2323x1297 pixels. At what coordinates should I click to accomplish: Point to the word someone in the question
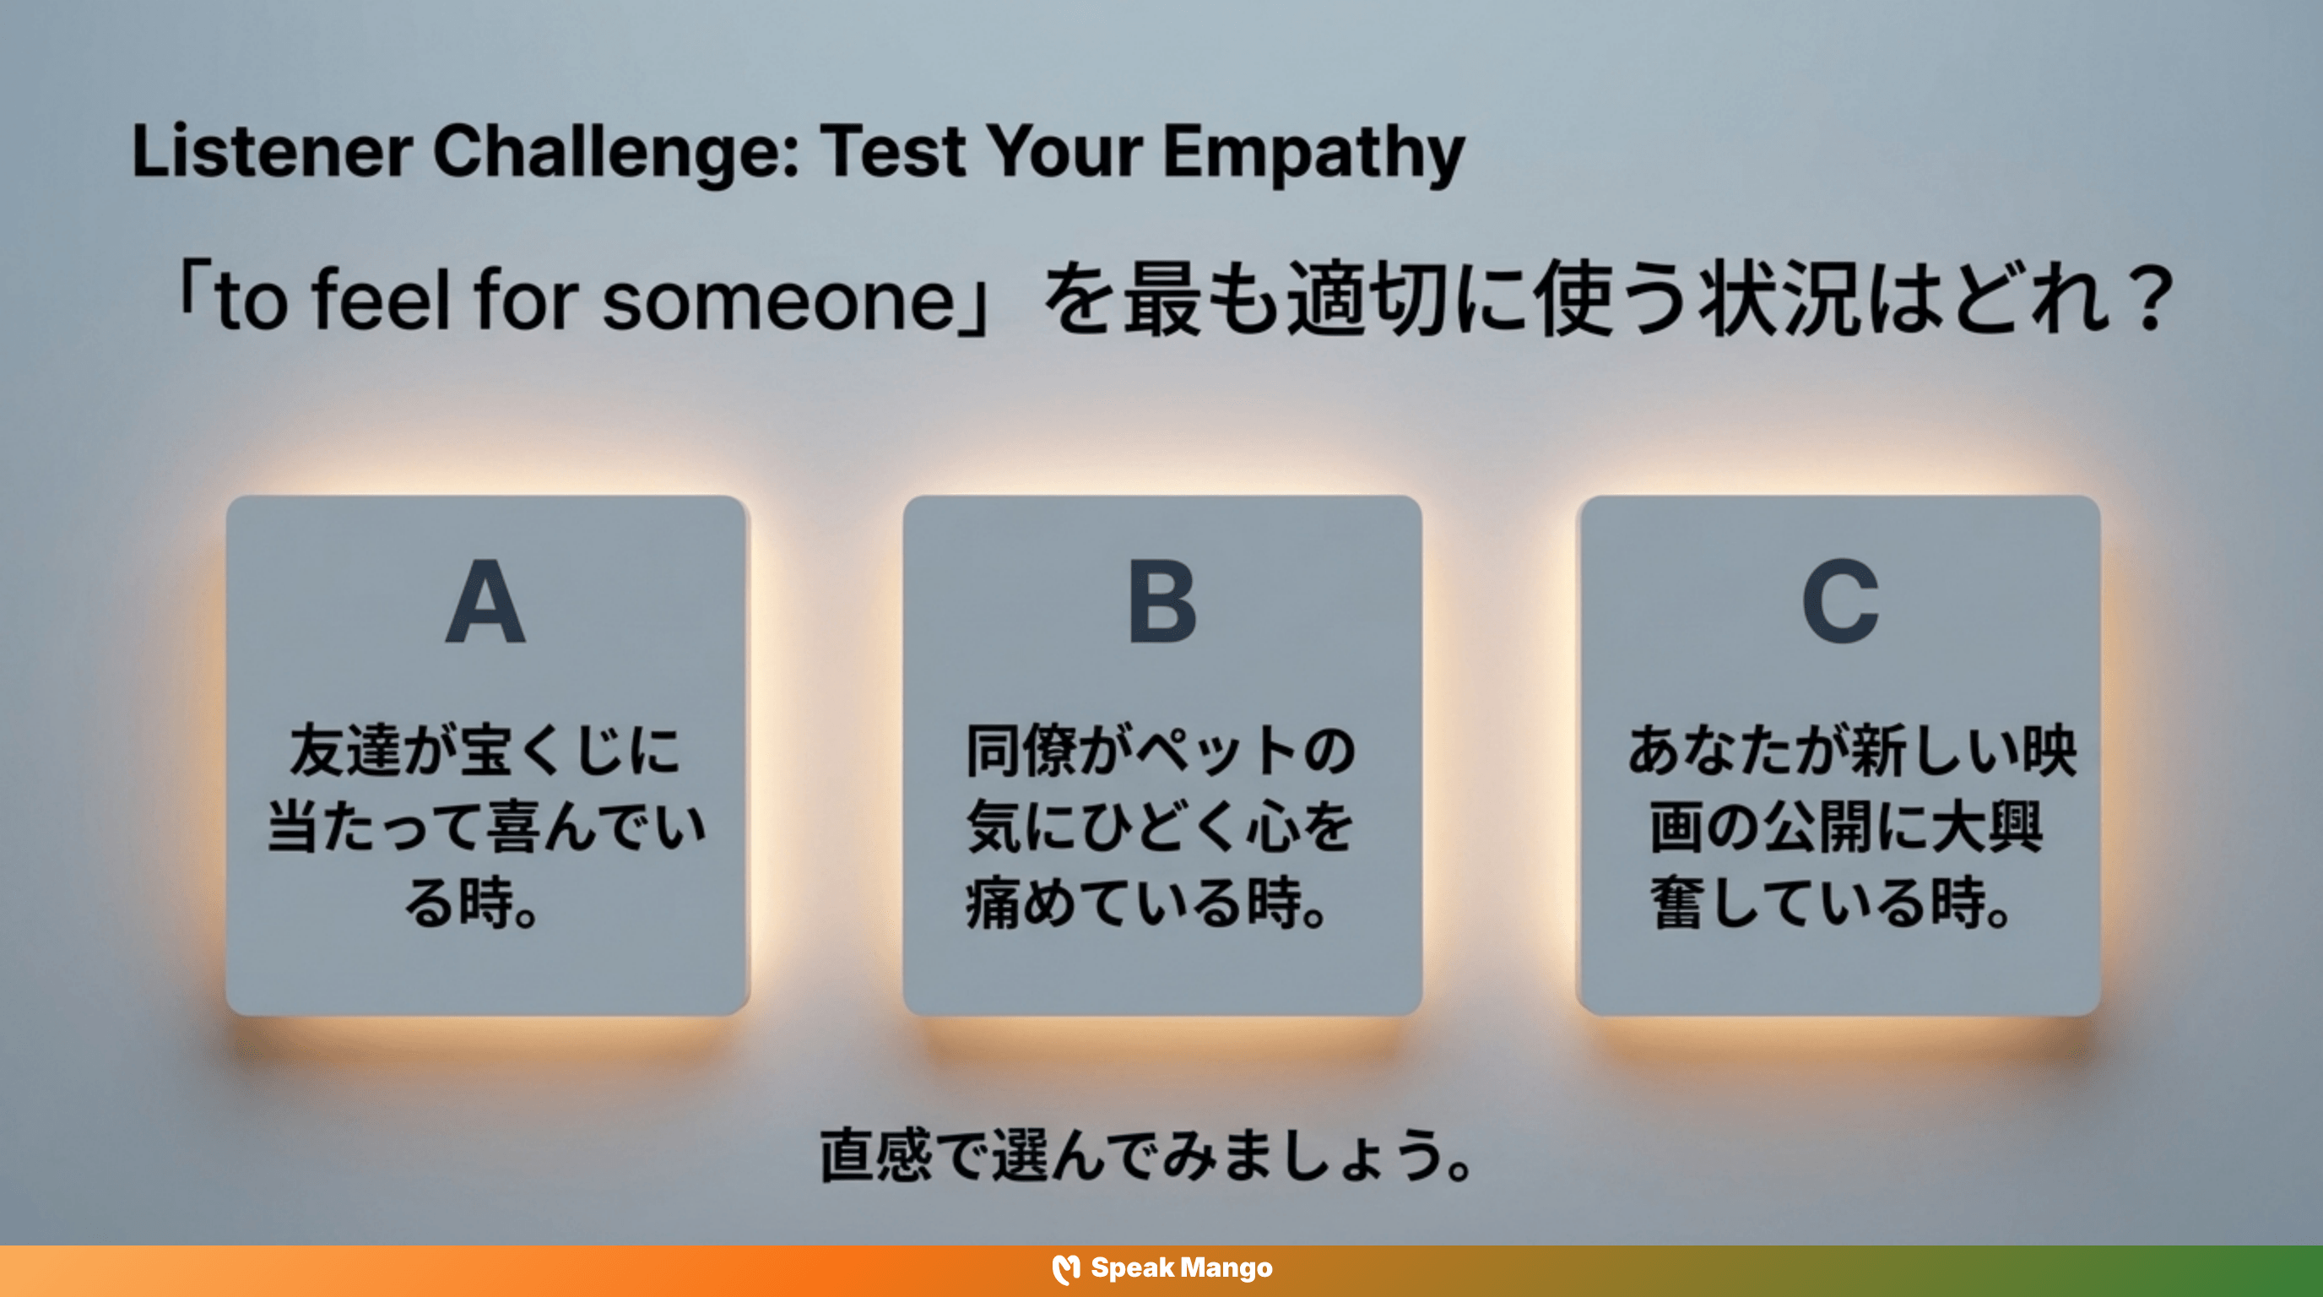777,301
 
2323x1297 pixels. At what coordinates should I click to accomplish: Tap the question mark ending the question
2150,301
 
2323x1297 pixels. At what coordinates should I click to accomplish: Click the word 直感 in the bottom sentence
875,1154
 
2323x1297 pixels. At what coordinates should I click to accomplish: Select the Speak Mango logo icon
1066,1269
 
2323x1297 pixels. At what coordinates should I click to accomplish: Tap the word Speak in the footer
1131,1268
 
